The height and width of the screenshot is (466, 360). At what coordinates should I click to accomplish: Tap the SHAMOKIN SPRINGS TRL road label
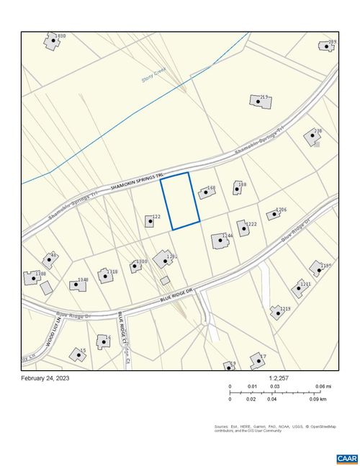(137, 181)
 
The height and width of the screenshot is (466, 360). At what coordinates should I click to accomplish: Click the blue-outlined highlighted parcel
(179, 201)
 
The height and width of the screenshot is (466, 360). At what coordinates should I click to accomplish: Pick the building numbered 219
(261, 102)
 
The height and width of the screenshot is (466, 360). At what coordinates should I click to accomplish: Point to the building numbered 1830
(52, 41)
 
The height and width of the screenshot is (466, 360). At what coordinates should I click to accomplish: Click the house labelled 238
(312, 135)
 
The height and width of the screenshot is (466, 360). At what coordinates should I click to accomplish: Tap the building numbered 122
(149, 220)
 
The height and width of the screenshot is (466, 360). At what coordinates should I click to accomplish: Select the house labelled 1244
(219, 241)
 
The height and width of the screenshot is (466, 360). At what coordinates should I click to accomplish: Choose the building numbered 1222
(243, 228)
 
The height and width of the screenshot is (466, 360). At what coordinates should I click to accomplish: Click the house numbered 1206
(273, 214)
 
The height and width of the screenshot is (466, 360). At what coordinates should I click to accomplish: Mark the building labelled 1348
(77, 284)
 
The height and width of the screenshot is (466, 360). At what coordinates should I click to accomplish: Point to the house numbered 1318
(106, 276)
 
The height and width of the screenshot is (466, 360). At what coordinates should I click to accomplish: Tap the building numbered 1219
(276, 313)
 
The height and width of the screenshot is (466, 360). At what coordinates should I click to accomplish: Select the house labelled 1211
(297, 289)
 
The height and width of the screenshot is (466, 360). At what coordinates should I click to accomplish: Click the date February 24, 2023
(46, 378)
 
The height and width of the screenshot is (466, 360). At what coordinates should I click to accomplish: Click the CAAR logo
(346, 458)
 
